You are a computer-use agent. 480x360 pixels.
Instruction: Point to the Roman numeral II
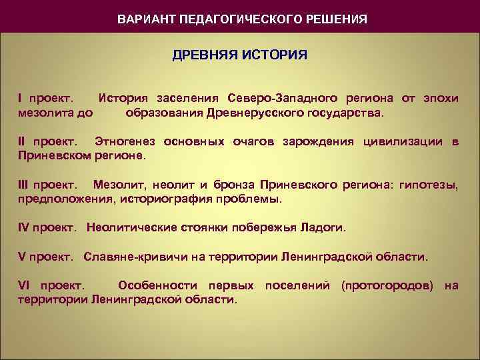click(x=23, y=142)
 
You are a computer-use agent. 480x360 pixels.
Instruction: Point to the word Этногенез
click(x=127, y=142)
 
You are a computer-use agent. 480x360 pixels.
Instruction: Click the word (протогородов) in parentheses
click(x=387, y=286)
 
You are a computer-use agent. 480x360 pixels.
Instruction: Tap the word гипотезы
click(x=429, y=185)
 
